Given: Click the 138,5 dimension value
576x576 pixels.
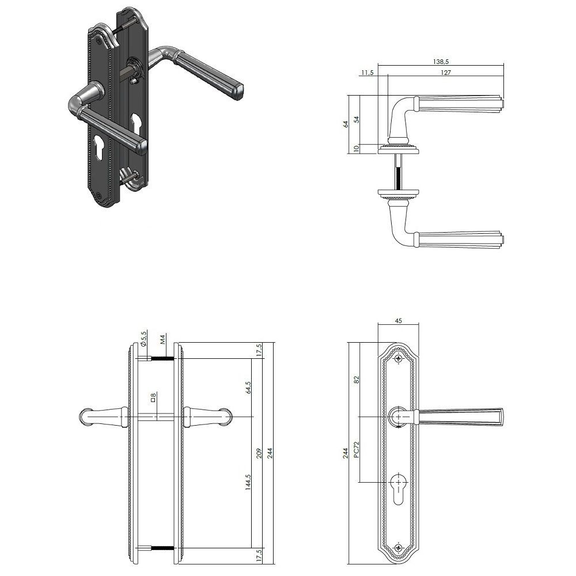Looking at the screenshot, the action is pyautogui.click(x=441, y=62).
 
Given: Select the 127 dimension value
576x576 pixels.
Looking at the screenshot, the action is pyautogui.click(x=446, y=73).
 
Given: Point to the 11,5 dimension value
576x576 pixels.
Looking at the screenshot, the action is pyautogui.click(x=367, y=73).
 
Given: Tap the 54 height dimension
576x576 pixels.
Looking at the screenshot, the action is pyautogui.click(x=356, y=119).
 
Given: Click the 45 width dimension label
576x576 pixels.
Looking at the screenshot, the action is pyautogui.click(x=398, y=320).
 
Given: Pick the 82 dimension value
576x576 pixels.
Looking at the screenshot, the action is pyautogui.click(x=356, y=380).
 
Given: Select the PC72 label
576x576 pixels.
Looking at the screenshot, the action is pyautogui.click(x=356, y=449).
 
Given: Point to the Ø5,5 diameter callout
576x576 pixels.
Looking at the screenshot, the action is pyautogui.click(x=143, y=338).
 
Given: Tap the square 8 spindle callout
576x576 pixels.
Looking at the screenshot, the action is pyautogui.click(x=154, y=397).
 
